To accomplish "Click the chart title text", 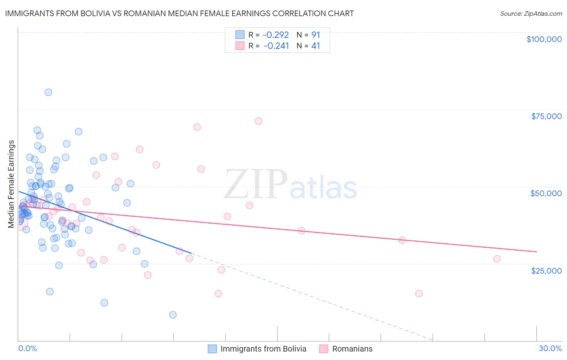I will pos(179,13).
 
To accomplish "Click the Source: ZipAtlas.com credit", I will pos(531,13).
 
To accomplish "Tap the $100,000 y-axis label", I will pos(544,39).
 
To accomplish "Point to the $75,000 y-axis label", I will pos(546,116).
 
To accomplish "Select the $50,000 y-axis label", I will pos(546,193).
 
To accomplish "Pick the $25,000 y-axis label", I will pos(546,270).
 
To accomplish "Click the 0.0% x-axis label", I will pos(27,348).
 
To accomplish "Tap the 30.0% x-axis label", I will pos(550,348).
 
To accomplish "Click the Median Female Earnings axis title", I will pos(11,184).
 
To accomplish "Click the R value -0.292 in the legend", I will pos(275,35).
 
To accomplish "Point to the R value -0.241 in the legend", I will pos(276,46).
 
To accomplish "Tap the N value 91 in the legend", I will pos(315,35).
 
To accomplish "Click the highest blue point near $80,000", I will pos(48,92).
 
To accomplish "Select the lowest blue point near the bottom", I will pos(173,315).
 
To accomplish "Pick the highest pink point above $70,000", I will pos(258,121).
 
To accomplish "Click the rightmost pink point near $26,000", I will pos(497,259).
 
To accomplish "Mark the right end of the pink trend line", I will pos(536,251).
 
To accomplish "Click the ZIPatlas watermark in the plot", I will pos(290,184).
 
